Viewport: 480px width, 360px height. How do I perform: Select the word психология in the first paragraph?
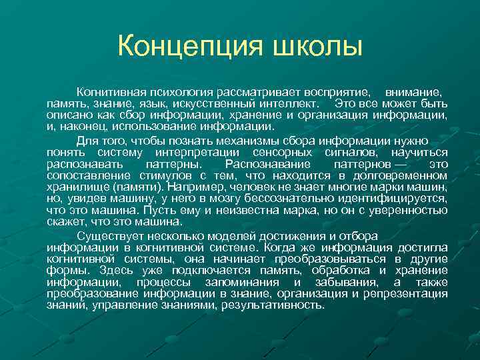click(x=169, y=90)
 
